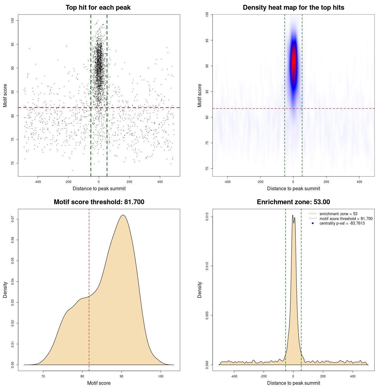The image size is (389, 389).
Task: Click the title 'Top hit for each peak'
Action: coord(98,8)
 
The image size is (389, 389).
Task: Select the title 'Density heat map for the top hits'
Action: coord(293,8)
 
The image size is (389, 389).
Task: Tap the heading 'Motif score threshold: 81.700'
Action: coord(99,202)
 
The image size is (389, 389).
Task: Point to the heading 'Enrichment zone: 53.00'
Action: coord(293,202)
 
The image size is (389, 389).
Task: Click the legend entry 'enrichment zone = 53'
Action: coord(338,214)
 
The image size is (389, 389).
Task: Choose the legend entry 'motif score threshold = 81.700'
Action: coord(346,219)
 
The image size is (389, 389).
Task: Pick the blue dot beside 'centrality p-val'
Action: coord(313,223)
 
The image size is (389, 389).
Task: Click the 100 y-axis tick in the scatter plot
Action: coord(12,20)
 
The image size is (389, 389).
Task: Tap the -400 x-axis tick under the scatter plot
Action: coord(38,182)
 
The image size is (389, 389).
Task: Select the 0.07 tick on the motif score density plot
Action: coord(12,219)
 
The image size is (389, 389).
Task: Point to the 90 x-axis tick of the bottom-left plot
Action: coord(122,376)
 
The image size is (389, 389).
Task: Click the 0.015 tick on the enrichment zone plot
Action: coord(207,217)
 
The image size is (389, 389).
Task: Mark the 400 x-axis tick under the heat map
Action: coord(359,182)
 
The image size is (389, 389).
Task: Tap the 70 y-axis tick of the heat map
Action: coord(207,168)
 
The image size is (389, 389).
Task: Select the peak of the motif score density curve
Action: coord(123,215)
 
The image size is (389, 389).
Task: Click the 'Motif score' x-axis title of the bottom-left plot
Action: coord(99,383)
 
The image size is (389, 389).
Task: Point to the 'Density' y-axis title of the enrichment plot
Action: coord(200,290)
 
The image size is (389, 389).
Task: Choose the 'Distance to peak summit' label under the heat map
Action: coord(293,188)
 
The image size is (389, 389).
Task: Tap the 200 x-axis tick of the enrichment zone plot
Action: coord(323,376)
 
